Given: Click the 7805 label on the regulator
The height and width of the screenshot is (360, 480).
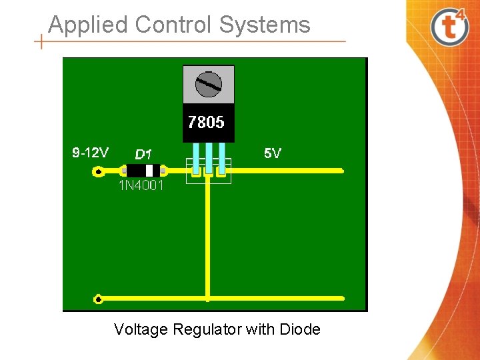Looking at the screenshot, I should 206,123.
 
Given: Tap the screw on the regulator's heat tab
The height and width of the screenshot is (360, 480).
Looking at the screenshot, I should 208,84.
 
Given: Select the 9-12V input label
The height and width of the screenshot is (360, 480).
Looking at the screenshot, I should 90,153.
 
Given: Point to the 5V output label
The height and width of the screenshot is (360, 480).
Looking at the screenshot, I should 272,153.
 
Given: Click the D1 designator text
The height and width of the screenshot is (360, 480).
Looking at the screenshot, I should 143,154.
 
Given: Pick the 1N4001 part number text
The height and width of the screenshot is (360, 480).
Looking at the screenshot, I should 141,185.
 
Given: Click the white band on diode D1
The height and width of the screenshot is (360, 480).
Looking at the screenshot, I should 149,171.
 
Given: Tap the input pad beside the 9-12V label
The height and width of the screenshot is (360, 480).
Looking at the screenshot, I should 98,172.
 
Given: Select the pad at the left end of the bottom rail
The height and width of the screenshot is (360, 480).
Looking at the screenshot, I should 98,299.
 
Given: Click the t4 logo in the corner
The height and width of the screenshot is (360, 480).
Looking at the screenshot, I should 450,26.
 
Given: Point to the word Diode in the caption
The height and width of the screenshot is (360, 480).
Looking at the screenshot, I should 300,329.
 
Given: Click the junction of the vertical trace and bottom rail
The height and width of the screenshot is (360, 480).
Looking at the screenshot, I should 208,299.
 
